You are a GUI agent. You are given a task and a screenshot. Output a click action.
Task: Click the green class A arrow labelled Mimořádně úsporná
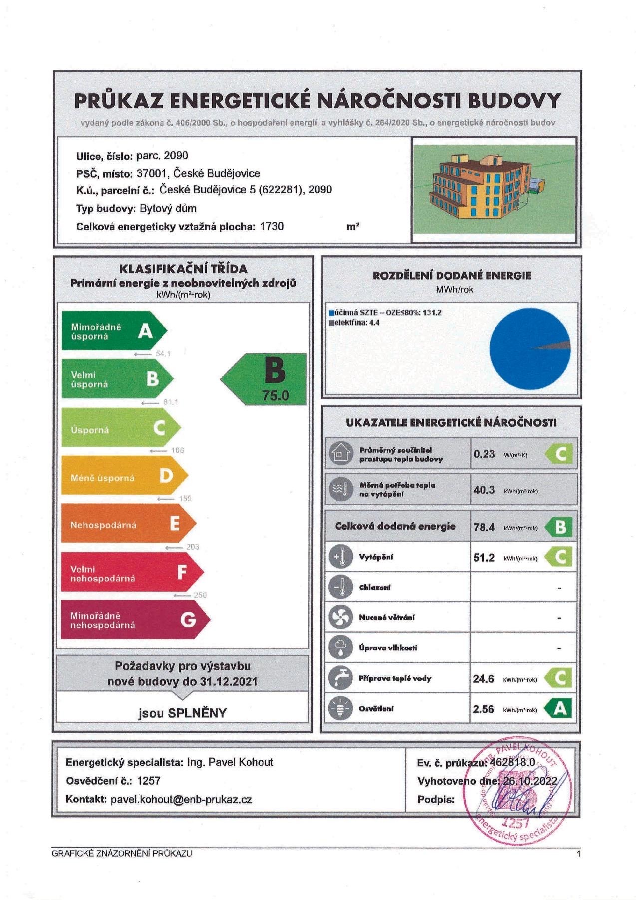pos(113,331)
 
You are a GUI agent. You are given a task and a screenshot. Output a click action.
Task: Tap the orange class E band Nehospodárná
pos(127,524)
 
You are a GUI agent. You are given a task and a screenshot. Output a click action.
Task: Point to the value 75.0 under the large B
pos(276,396)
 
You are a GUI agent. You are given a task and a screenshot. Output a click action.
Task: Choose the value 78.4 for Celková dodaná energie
pos(484,527)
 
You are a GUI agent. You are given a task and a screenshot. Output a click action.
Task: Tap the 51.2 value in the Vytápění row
pos(484,557)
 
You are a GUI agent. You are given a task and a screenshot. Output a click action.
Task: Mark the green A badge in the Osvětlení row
pos(560,708)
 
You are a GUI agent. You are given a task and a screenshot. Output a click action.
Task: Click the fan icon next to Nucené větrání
pos(340,617)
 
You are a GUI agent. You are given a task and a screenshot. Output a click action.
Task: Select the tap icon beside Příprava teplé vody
pos(340,678)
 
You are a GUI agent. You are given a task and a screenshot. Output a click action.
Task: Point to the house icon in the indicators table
pos(340,454)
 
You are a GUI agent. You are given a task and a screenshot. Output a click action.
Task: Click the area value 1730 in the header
pos(272,227)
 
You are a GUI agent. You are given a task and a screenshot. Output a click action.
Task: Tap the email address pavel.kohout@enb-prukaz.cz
pos(181,799)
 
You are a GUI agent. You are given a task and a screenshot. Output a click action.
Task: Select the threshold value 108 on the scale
pos(178,450)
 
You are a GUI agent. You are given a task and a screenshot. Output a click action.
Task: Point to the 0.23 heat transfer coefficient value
pos(484,454)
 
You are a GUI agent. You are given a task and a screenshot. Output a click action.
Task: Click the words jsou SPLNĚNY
pos(183,713)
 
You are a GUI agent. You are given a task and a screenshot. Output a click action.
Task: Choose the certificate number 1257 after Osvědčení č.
pos(149,781)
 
